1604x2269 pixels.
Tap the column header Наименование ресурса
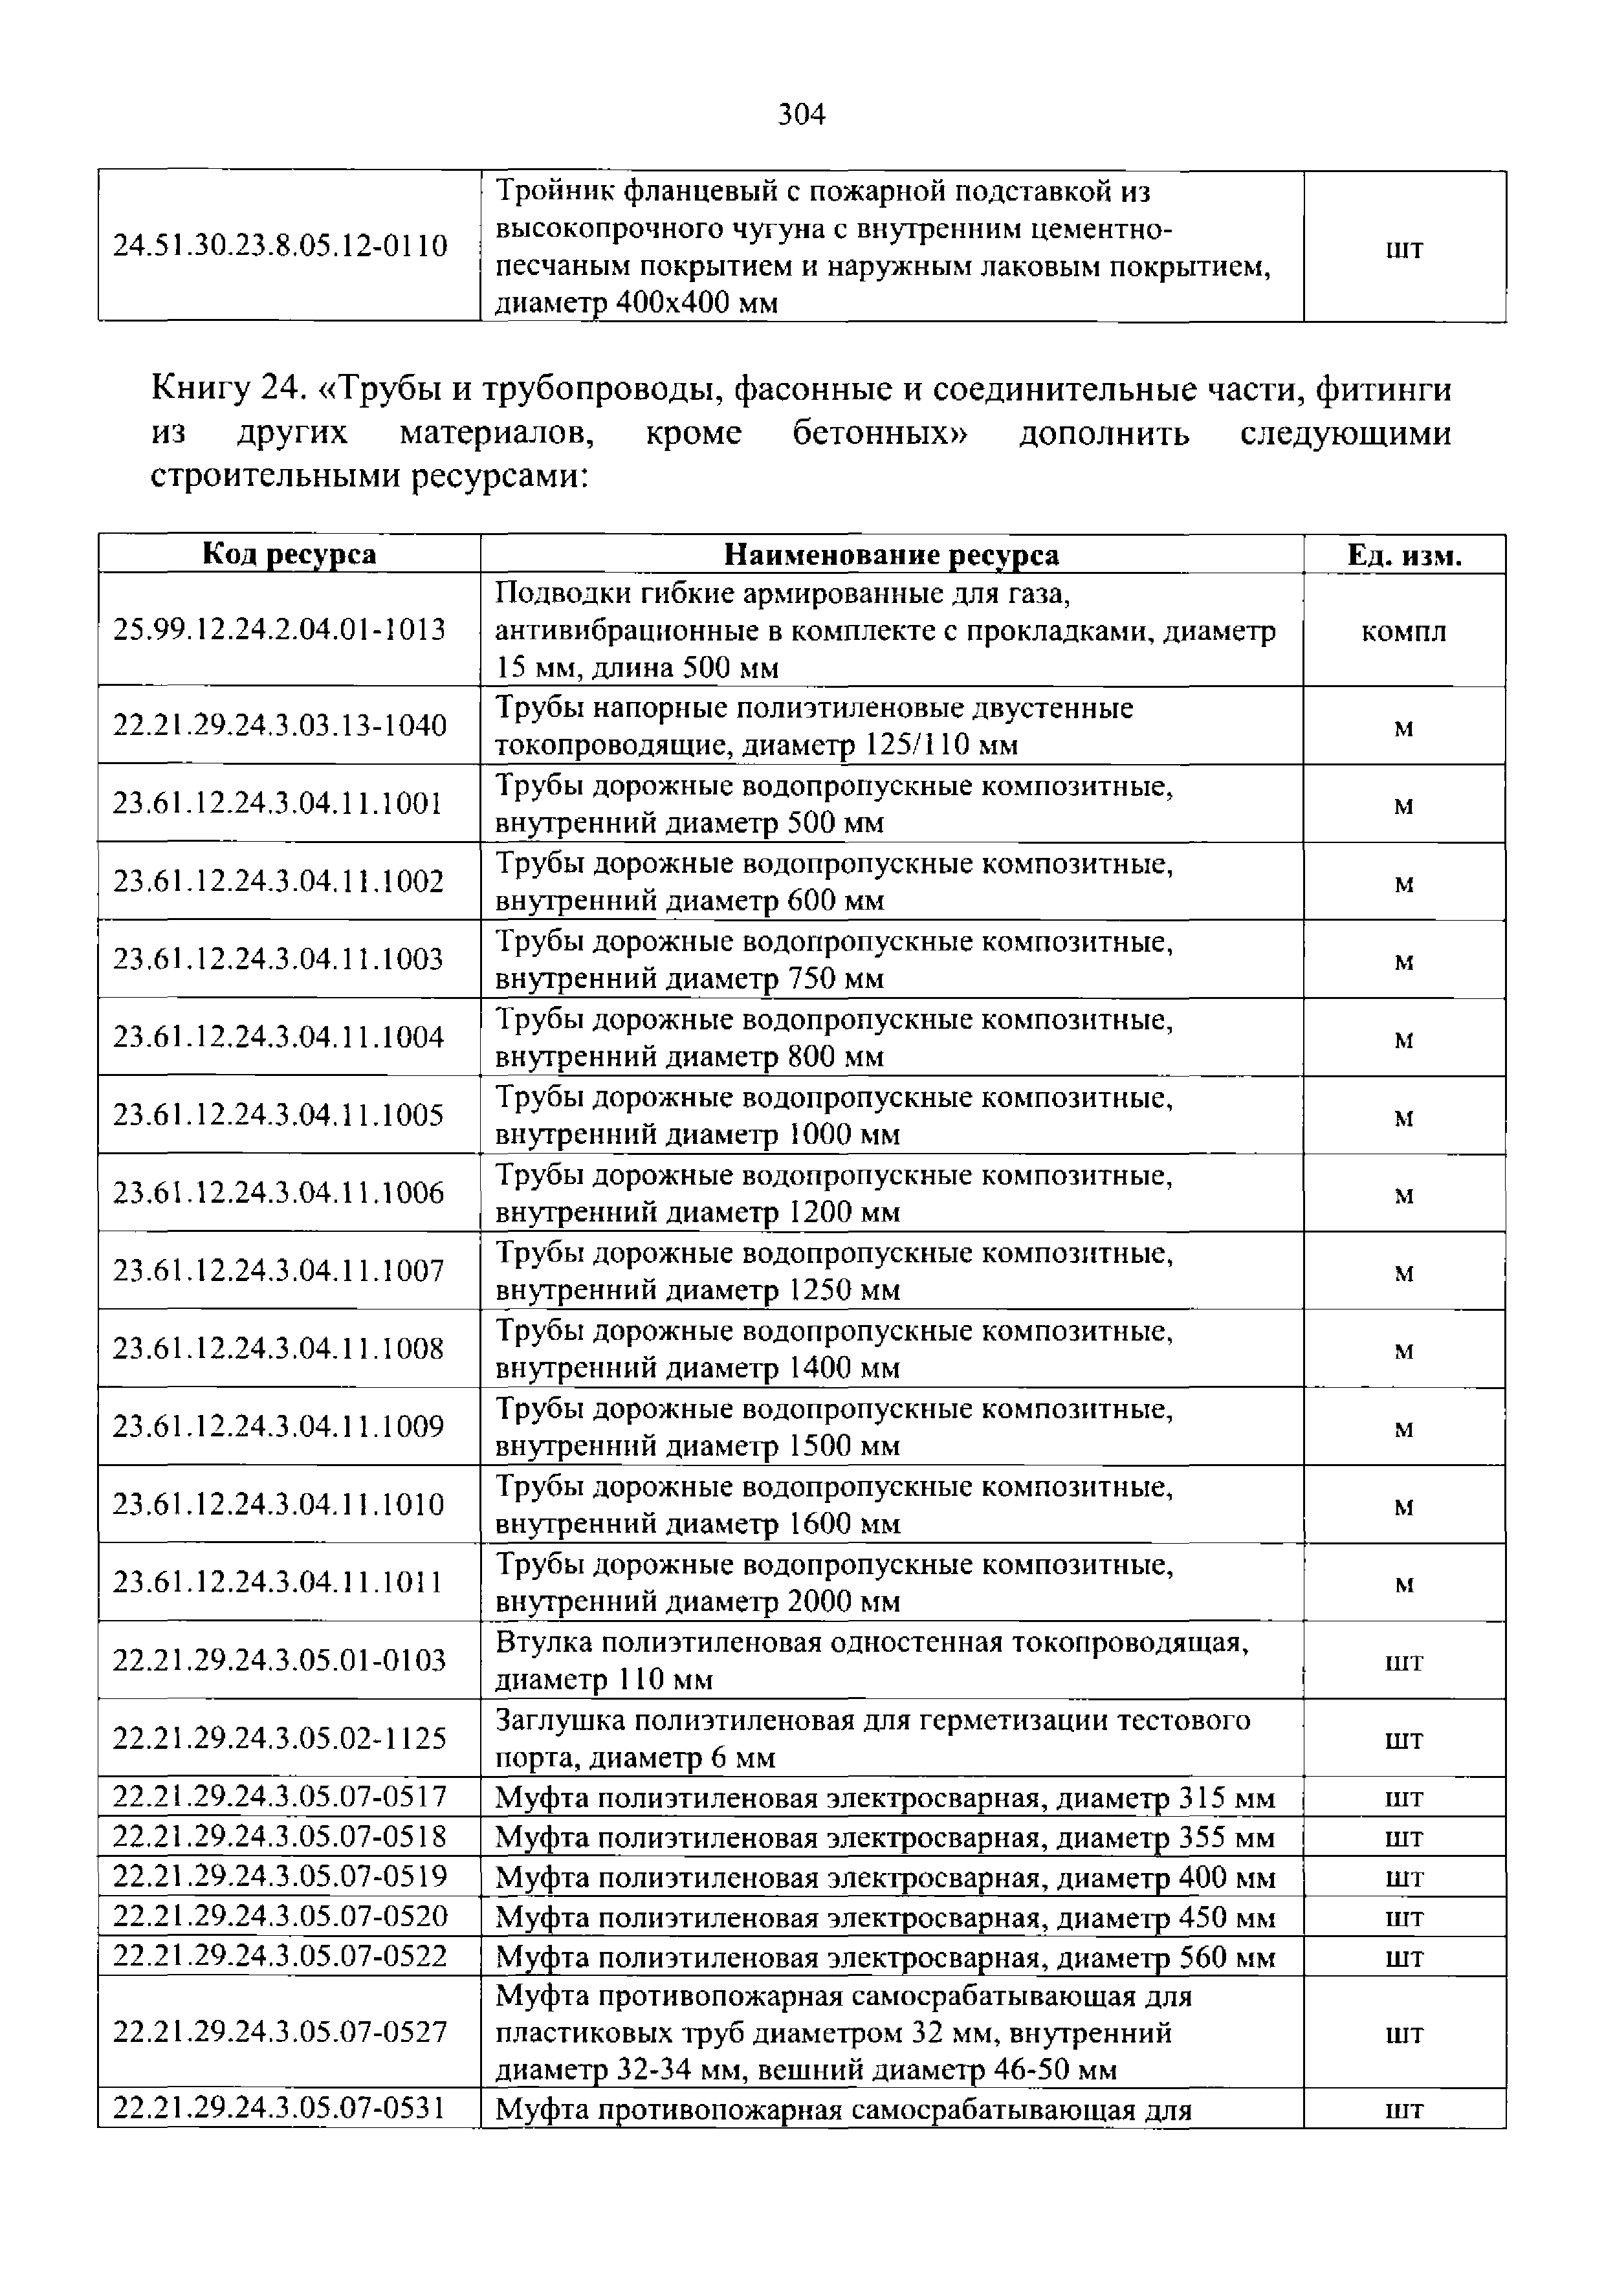[x=892, y=554]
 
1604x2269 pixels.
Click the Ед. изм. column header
[x=1403, y=554]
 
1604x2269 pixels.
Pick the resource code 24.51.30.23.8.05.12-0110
[x=281, y=245]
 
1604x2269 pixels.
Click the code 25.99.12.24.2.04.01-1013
[x=281, y=630]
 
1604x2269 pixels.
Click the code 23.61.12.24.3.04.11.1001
[x=279, y=804]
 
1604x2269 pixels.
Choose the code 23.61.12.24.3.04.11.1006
[x=279, y=1193]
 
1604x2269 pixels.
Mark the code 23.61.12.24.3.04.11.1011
[x=279, y=1582]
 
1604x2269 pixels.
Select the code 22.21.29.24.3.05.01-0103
[x=281, y=1660]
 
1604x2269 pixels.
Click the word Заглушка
[x=560, y=1720]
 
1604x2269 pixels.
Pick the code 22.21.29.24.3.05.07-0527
[x=281, y=2031]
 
